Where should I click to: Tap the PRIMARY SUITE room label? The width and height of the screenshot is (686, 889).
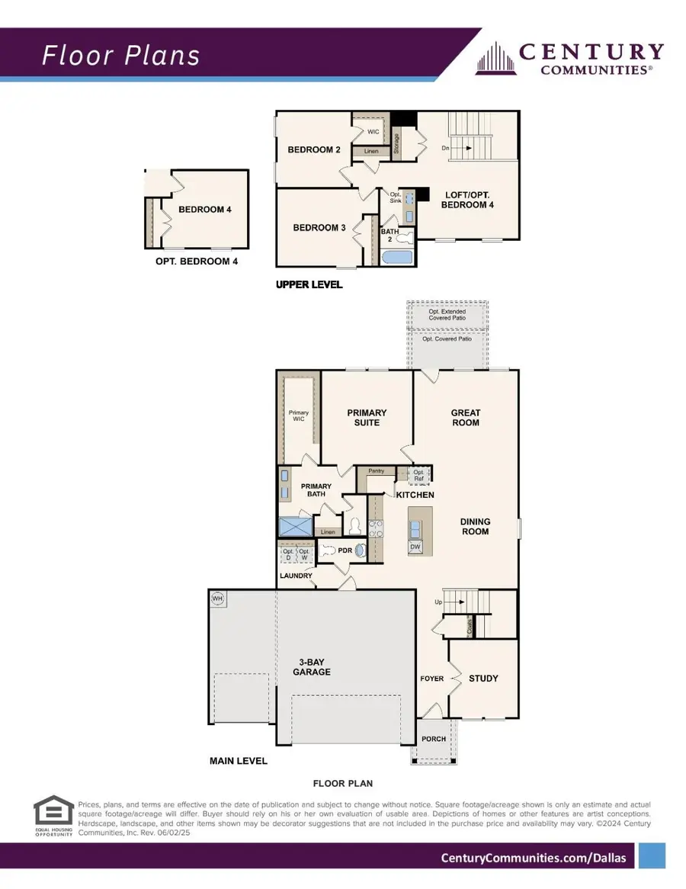367,418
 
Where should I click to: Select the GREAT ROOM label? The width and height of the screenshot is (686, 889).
466,418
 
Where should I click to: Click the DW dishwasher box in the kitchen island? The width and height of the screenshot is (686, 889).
415,547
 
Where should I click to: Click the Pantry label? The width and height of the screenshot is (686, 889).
376,471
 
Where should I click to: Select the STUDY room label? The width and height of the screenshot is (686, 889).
483,678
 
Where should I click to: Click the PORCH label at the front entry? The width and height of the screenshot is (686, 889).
433,739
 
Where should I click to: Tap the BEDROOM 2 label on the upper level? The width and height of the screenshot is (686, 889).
314,149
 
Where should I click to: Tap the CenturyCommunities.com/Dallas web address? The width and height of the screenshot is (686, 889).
534,858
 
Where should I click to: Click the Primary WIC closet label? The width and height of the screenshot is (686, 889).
299,416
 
